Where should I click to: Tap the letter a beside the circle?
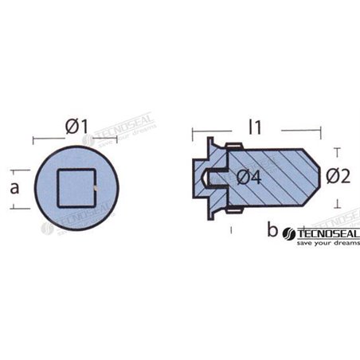point(14,188)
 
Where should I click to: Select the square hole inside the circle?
point(76,189)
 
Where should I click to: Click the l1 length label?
point(255,125)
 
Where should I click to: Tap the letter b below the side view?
point(272,232)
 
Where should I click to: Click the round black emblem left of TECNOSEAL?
point(289,234)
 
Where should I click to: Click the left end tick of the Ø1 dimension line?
point(33,139)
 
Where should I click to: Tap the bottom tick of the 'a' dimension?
point(14,208)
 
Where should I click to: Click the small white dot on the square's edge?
point(95,189)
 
